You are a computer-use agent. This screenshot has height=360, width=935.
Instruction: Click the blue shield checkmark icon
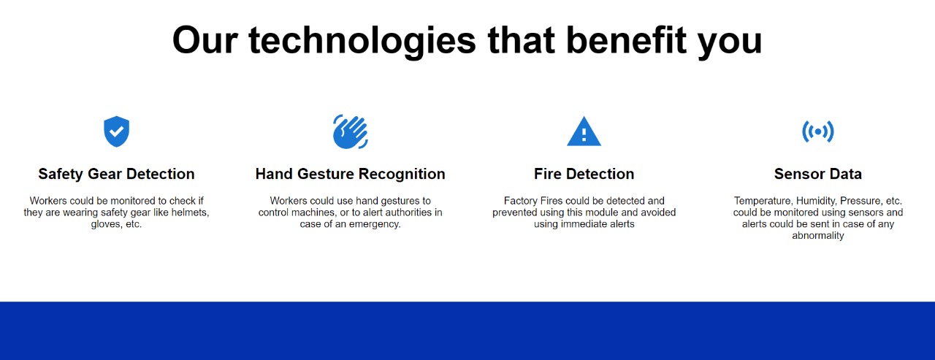tap(116, 131)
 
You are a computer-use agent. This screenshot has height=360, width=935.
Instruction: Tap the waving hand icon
tap(350, 131)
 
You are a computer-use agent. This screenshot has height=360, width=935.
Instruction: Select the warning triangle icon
tap(584, 132)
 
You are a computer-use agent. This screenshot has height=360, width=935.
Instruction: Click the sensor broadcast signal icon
tap(817, 131)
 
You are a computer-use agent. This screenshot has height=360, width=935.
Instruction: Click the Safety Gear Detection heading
tap(116, 174)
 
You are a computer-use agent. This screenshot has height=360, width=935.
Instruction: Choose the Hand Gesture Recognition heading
tap(350, 174)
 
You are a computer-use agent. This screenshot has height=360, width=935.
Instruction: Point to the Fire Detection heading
tap(584, 174)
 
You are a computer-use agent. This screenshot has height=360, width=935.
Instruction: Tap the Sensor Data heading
tap(817, 174)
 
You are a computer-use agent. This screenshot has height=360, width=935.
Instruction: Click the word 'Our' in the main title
tap(204, 40)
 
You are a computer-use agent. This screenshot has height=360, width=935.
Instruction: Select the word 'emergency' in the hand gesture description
tap(375, 224)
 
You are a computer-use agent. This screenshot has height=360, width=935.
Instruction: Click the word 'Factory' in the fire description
tap(520, 201)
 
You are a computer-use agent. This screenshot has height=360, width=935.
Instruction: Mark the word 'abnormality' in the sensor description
tap(817, 236)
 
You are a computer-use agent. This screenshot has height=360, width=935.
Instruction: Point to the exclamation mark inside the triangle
tap(584, 135)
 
